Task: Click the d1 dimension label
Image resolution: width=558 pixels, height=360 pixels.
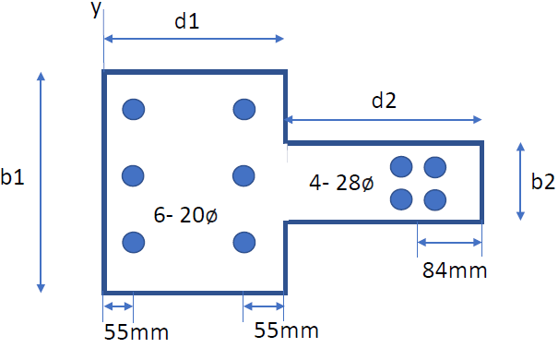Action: coord(187,22)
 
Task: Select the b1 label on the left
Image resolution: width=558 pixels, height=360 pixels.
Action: coord(13,178)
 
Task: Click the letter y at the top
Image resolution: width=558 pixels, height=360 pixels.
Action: coord(96,9)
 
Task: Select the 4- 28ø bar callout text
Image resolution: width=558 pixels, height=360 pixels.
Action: coord(341,184)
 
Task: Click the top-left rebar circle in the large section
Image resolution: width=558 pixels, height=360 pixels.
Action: coord(135,109)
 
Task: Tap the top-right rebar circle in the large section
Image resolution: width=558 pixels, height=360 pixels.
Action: coord(244,109)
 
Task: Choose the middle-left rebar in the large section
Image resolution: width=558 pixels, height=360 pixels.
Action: coord(135,175)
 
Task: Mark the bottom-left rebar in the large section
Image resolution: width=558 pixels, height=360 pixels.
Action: coord(135,242)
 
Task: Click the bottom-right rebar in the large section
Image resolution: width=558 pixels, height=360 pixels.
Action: coord(244,242)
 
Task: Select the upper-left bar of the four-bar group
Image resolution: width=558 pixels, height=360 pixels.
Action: coord(401,167)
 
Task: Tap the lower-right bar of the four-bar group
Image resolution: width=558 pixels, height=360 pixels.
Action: coord(435,198)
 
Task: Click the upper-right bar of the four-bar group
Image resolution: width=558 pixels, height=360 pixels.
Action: coord(435,167)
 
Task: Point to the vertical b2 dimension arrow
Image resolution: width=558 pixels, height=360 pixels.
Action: coord(522,181)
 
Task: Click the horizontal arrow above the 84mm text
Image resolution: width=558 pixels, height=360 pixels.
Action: coord(450,244)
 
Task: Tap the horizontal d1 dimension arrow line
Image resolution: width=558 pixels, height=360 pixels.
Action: coord(194,39)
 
